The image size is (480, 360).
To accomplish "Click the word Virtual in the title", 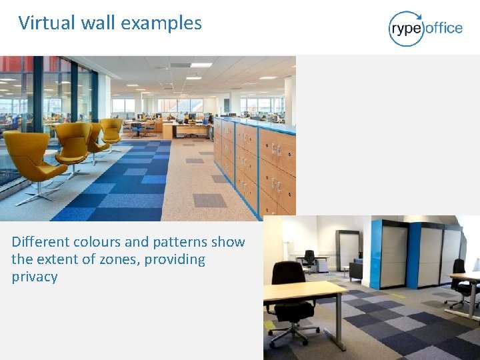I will pos(47,23).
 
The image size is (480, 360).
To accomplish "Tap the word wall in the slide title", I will pos(98,23).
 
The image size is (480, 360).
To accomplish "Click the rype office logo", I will pos(425,28).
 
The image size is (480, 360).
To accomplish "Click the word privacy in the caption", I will pos(35,277).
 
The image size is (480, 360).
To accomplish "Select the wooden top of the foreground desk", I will pos(303,291).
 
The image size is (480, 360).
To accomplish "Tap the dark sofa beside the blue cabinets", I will pos(356,269).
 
